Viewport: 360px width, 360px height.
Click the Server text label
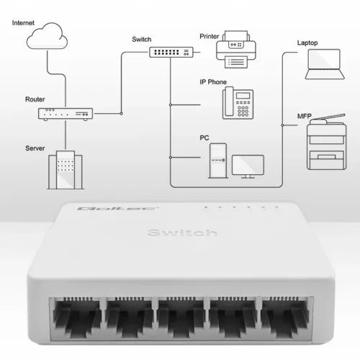click(x=35, y=148)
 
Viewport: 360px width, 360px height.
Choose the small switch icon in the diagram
click(x=171, y=52)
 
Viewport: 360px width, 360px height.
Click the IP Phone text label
click(x=213, y=82)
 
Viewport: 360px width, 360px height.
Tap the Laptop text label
click(x=307, y=42)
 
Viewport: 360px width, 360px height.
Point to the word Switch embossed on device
click(x=181, y=233)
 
